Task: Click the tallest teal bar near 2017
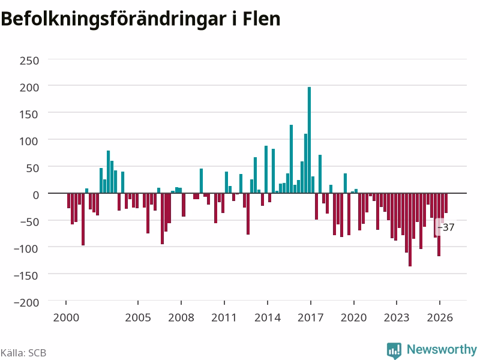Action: click(309, 140)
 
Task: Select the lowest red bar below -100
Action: click(410, 230)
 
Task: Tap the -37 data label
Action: click(446, 227)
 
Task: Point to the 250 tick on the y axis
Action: click(29, 61)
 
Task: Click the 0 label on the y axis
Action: click(36, 194)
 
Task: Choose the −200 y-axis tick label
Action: click(26, 302)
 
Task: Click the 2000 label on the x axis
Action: click(66, 317)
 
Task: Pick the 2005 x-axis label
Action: click(138, 317)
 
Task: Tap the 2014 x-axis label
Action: click(268, 317)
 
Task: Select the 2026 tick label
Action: click(440, 317)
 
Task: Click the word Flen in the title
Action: click(262, 19)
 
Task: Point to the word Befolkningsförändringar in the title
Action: click(113, 20)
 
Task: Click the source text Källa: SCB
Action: click(23, 353)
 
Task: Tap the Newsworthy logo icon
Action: click(394, 350)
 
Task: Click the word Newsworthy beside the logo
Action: click(442, 349)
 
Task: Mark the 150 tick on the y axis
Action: click(29, 115)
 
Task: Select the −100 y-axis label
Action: click(26, 248)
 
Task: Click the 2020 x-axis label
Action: click(354, 317)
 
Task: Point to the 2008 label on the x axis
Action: click(181, 317)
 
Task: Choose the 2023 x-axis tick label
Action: click(397, 317)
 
